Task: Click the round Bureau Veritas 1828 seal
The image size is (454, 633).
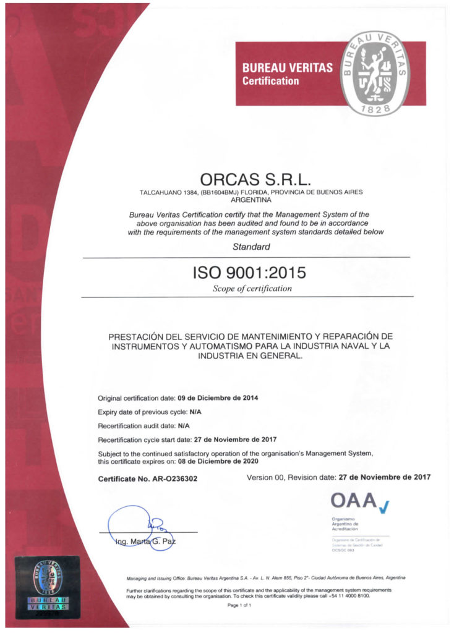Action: click(375, 74)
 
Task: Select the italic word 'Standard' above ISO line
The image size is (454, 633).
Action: click(251, 247)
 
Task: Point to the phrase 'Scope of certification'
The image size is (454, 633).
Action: click(252, 288)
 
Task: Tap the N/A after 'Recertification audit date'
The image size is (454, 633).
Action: click(184, 426)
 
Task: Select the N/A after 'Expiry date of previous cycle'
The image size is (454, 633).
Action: click(195, 412)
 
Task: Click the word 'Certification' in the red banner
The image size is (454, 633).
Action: click(270, 81)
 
